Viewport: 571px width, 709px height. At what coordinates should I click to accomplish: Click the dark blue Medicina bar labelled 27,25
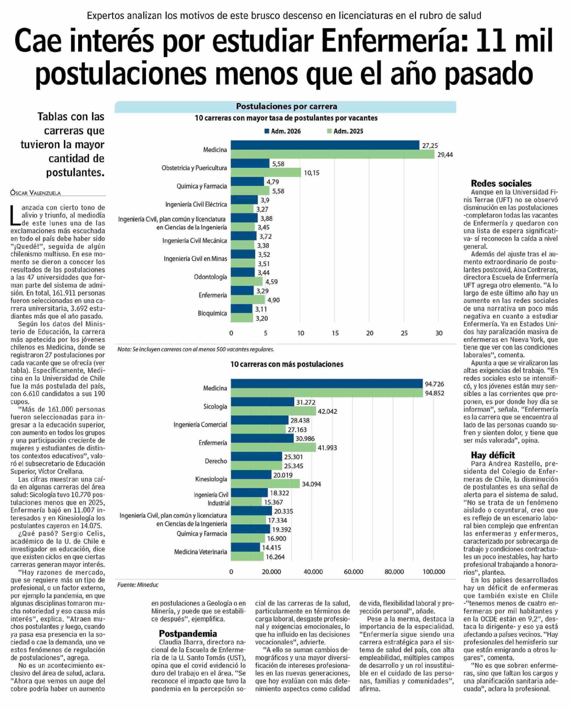(325, 145)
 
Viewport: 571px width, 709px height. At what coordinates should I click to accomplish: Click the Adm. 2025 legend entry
(345, 131)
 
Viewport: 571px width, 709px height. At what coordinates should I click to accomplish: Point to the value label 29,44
(445, 155)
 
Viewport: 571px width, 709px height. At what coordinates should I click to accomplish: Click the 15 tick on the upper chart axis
(335, 333)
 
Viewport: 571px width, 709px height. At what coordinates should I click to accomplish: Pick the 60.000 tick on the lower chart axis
(353, 572)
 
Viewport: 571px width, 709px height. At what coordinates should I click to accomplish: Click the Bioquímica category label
(212, 313)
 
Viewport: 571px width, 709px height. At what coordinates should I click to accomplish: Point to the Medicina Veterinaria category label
(200, 552)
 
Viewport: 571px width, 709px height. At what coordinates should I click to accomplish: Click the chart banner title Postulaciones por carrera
(286, 107)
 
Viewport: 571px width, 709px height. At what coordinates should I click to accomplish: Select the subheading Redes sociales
(501, 183)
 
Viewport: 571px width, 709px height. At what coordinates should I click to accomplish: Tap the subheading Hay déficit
(493, 455)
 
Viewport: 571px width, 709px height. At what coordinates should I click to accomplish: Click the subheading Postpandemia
(188, 634)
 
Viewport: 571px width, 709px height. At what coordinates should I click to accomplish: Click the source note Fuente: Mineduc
(138, 585)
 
